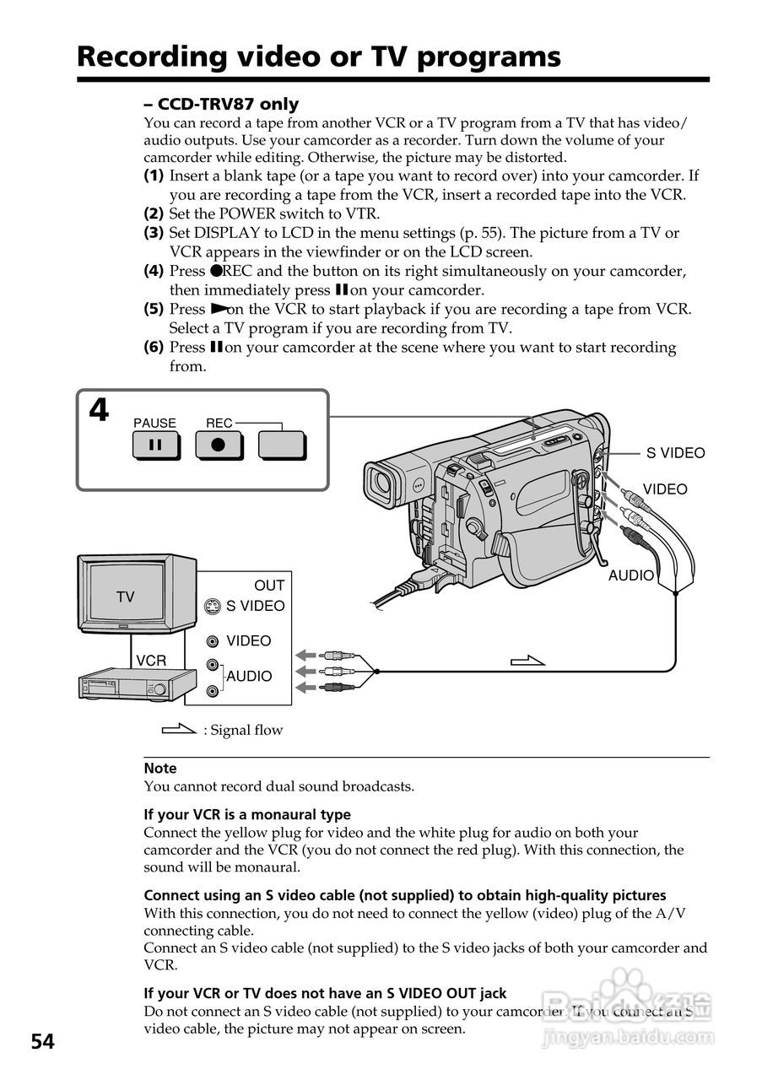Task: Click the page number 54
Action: point(43,1042)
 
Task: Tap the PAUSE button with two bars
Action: point(155,445)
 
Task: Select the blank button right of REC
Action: point(282,445)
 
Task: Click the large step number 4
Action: point(99,411)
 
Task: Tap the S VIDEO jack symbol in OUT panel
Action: point(213,606)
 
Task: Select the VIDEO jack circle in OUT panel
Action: point(213,641)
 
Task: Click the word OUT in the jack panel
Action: point(269,586)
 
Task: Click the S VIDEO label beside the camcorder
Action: point(675,453)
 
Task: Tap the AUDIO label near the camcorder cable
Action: point(631,575)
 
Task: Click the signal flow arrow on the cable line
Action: point(528,660)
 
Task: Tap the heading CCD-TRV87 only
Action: point(221,104)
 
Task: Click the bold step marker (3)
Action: point(154,233)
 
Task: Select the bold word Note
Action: point(160,768)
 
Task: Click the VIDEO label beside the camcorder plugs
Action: point(665,489)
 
